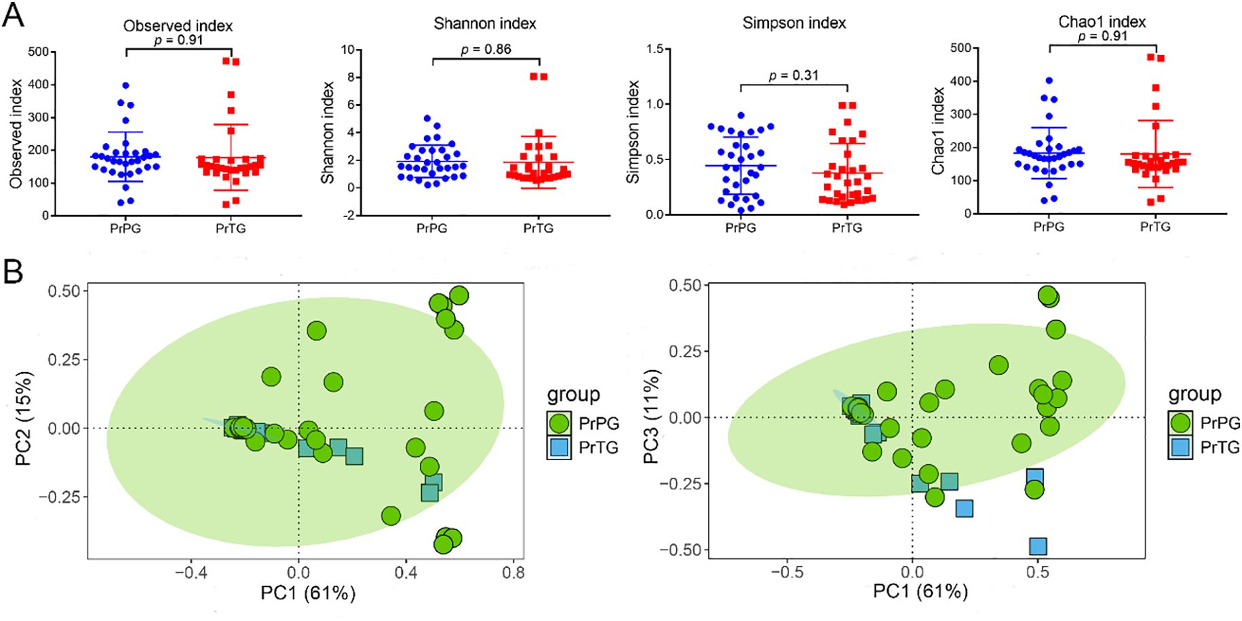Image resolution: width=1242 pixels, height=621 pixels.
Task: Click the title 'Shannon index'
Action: [x=484, y=24]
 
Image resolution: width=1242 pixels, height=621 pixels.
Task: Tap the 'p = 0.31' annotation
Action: [x=793, y=75]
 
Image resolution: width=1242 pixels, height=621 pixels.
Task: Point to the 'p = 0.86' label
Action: [x=486, y=49]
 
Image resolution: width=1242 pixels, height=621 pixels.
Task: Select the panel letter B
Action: [x=13, y=271]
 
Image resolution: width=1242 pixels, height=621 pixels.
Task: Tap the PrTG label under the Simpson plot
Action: [x=847, y=228]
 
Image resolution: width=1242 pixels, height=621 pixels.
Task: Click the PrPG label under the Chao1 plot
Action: [x=1049, y=227]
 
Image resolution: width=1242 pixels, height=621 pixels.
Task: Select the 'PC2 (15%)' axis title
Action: [x=24, y=418]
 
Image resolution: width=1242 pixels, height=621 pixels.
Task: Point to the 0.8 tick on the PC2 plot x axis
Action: [x=513, y=573]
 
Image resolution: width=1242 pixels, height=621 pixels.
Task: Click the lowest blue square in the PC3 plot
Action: [x=1037, y=546]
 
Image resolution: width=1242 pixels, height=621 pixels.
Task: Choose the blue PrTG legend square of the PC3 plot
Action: [x=1180, y=447]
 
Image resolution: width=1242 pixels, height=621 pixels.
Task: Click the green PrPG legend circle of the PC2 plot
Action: [x=559, y=424]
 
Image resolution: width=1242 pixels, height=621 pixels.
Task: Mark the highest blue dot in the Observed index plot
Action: [x=125, y=86]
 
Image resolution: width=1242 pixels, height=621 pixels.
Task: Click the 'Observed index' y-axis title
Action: [x=16, y=134]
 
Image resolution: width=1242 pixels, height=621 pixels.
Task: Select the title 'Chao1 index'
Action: [x=1102, y=22]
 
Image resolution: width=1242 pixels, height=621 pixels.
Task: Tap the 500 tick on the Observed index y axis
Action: [x=38, y=52]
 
